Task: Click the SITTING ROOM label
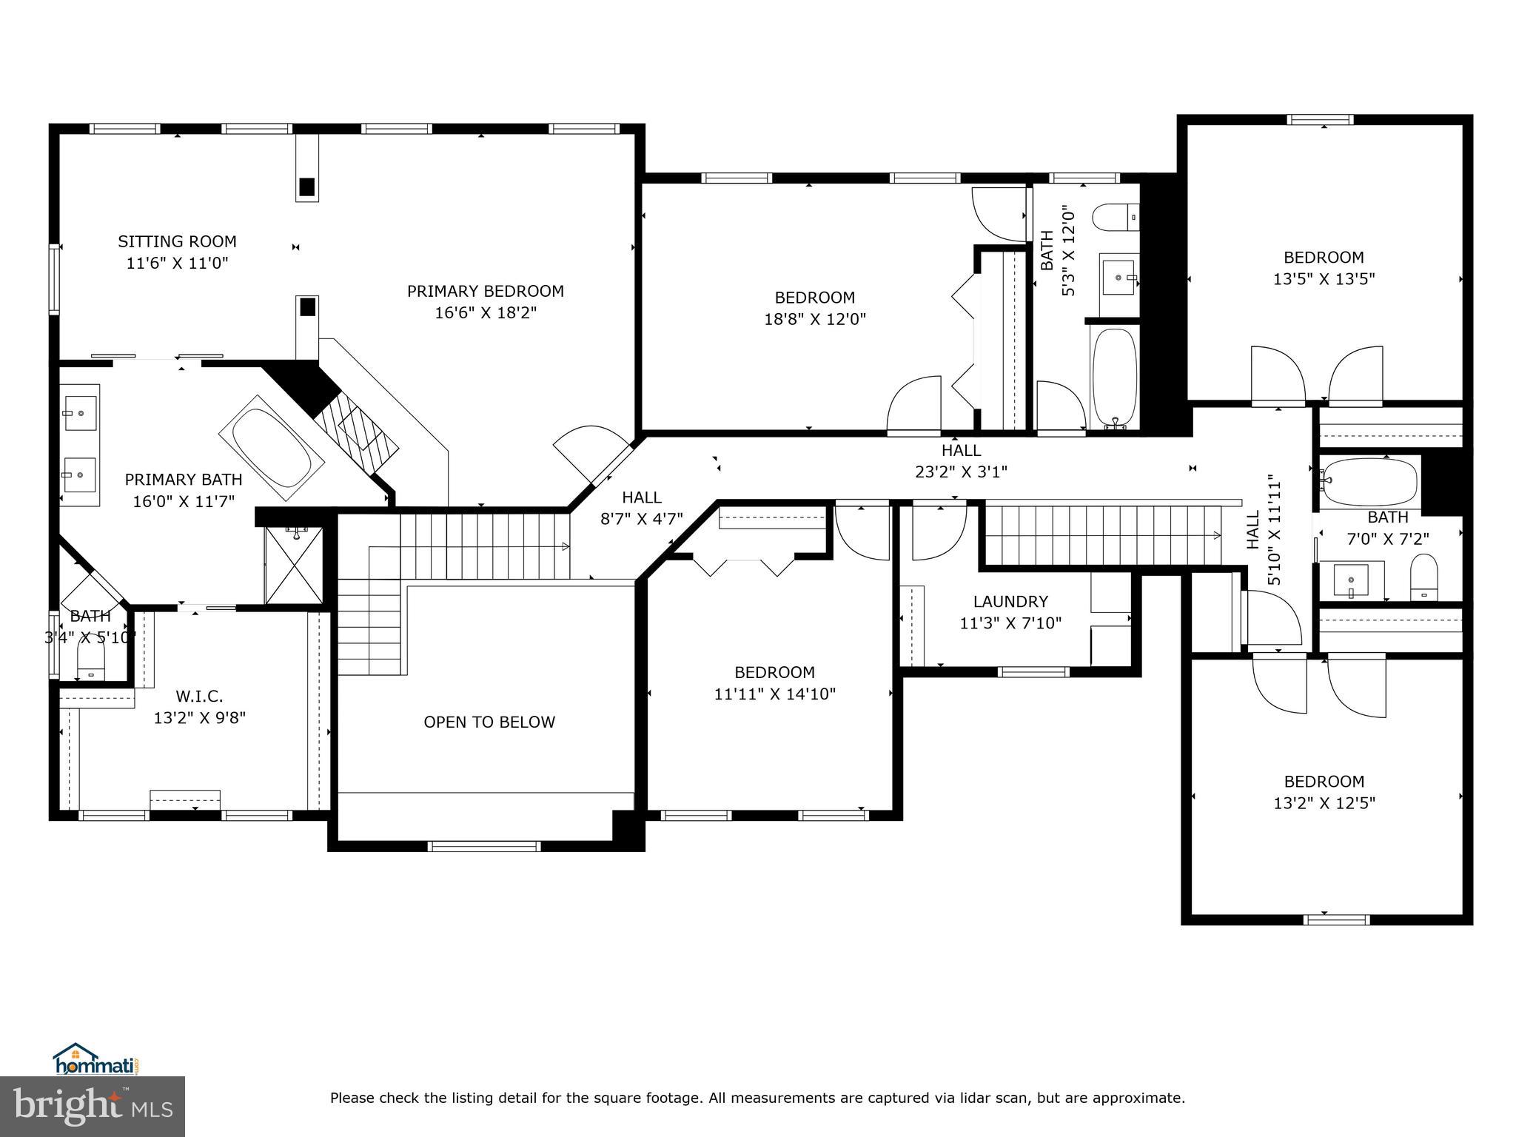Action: pyautogui.click(x=178, y=241)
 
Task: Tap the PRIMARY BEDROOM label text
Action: pyautogui.click(x=486, y=292)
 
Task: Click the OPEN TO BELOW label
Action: pyautogui.click(x=489, y=722)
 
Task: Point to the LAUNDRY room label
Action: pyautogui.click(x=1010, y=602)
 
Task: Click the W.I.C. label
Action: pyautogui.click(x=199, y=697)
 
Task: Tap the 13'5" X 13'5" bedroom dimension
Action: pyautogui.click(x=1324, y=279)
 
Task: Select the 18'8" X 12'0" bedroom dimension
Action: pyautogui.click(x=815, y=319)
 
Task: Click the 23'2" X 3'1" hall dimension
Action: pyautogui.click(x=962, y=472)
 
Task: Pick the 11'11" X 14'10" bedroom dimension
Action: pyautogui.click(x=775, y=694)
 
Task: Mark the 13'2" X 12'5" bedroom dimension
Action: pyautogui.click(x=1324, y=803)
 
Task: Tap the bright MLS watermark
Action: pyautogui.click(x=93, y=1107)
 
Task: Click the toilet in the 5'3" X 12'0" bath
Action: pyautogui.click(x=1116, y=217)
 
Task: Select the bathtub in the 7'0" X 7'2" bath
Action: pyautogui.click(x=1370, y=482)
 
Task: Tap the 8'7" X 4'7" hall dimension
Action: pyautogui.click(x=641, y=519)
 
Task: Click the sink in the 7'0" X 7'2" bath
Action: pyautogui.click(x=1352, y=580)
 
